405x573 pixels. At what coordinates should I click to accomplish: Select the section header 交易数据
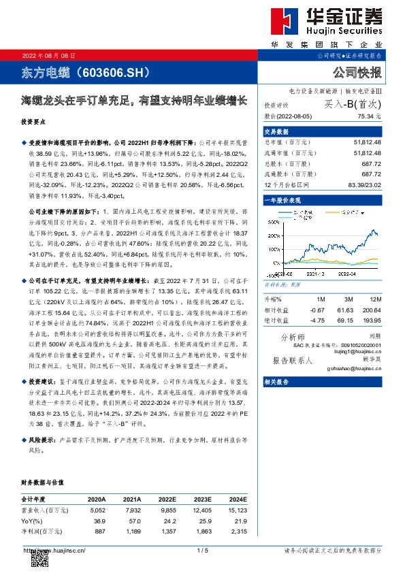coord(276,131)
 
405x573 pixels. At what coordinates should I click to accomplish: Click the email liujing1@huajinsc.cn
coord(359,351)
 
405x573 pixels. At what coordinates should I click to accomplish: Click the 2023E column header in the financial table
coord(204,499)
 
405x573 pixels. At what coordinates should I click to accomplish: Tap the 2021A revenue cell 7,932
coord(132,510)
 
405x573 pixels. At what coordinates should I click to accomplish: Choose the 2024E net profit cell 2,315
coord(237,530)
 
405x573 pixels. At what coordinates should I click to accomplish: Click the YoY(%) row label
coord(33,520)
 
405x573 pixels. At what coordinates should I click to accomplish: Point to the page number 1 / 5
coord(201,550)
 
